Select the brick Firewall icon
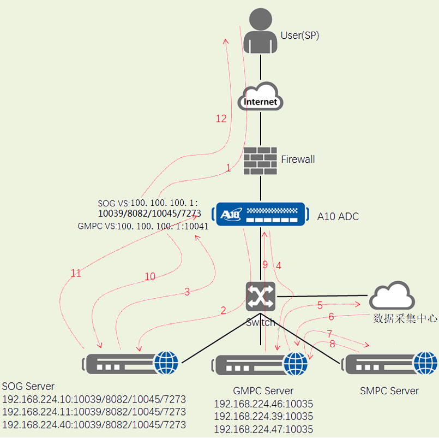(261, 161)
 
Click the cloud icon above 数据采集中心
(392, 297)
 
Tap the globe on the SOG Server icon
(167, 362)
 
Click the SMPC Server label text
(389, 390)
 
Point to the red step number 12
(221, 119)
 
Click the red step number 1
(228, 168)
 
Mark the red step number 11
(76, 273)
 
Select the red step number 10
(149, 277)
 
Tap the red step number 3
(187, 292)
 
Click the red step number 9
(265, 265)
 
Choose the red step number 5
(320, 305)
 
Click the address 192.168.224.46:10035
(263, 404)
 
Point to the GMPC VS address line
(143, 226)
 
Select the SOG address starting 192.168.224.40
(94, 424)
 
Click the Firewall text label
(298, 159)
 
